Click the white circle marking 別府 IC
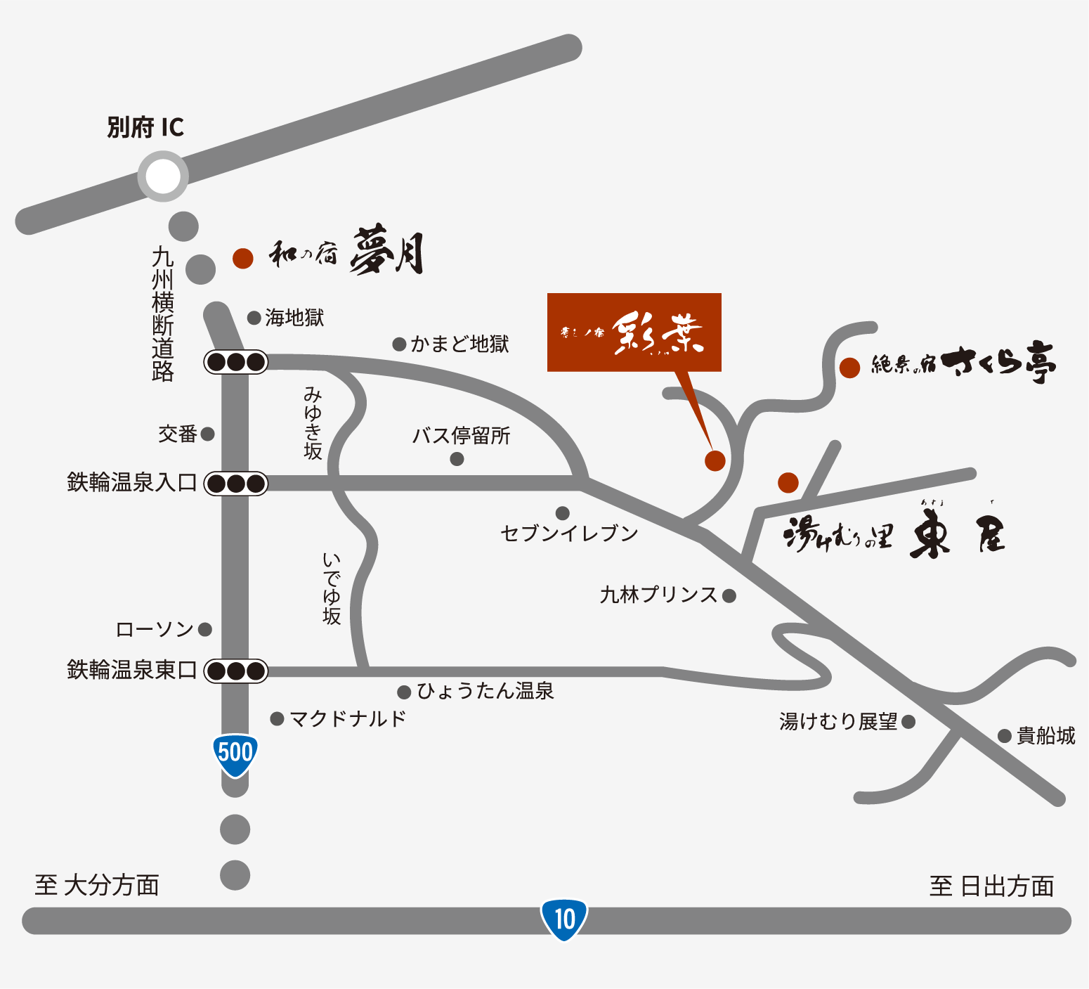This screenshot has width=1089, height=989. click(x=163, y=176)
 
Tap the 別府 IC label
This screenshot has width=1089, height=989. click(x=145, y=128)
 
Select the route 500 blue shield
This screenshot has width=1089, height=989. click(x=235, y=754)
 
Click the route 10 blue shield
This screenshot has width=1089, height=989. click(x=564, y=919)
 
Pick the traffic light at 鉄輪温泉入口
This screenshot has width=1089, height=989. click(x=236, y=484)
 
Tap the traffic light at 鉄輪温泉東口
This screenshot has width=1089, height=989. click(x=236, y=671)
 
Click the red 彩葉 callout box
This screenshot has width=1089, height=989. click(x=634, y=332)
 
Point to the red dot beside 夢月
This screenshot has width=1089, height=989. click(x=242, y=258)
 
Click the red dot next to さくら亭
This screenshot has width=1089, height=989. click(x=850, y=367)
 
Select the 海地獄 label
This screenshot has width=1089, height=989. click(x=294, y=318)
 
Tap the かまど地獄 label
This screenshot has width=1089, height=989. click(x=459, y=344)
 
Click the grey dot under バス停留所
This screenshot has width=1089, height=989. click(x=457, y=459)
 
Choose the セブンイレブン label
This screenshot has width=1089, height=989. click(x=569, y=534)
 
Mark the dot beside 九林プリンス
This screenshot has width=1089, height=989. click(x=729, y=596)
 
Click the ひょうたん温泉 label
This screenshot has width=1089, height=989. click(x=485, y=691)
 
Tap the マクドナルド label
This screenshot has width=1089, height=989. click(x=348, y=718)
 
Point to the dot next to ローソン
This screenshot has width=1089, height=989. click(x=205, y=629)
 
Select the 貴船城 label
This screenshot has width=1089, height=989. click(x=1046, y=736)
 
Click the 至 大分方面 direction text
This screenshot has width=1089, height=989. click(x=97, y=885)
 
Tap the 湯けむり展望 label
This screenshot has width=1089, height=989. click(x=838, y=721)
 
